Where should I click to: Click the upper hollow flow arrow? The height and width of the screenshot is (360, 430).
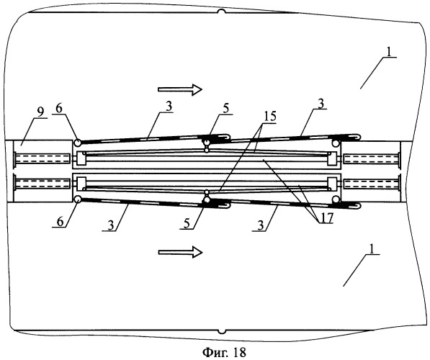pyautogui.click(x=180, y=89)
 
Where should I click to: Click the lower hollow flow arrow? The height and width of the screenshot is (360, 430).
pyautogui.click(x=180, y=252)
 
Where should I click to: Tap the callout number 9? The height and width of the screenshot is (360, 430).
pyautogui.click(x=40, y=112)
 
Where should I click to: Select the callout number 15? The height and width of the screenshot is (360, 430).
pyautogui.click(x=269, y=116)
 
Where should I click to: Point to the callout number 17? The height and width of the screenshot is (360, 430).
pyautogui.click(x=326, y=217)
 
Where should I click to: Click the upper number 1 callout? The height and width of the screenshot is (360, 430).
pyautogui.click(x=390, y=51)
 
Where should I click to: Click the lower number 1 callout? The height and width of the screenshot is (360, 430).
pyautogui.click(x=372, y=249)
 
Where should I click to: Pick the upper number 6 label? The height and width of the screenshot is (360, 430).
pyautogui.click(x=58, y=109)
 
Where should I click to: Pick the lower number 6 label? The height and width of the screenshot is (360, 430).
pyautogui.click(x=60, y=221)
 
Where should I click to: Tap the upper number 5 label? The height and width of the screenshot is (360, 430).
pyautogui.click(x=225, y=109)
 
